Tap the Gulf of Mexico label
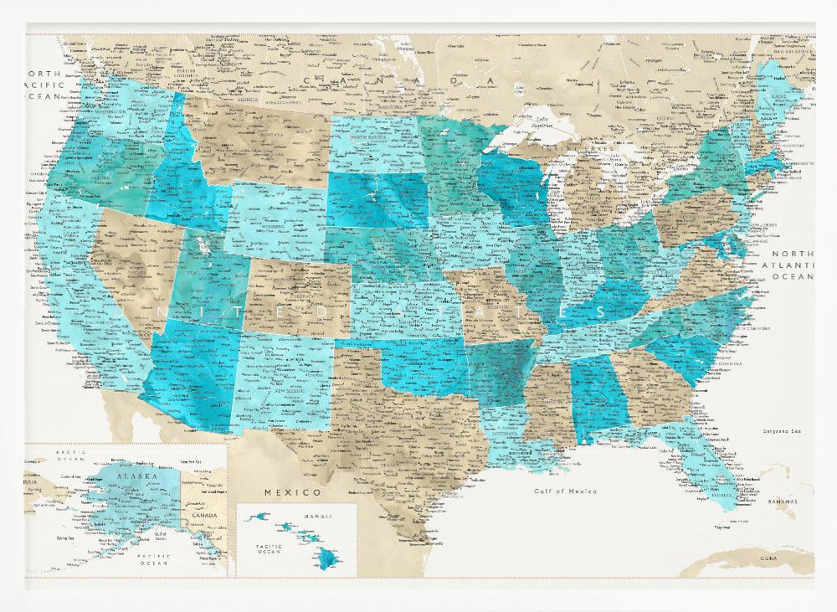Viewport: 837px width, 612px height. (566, 491)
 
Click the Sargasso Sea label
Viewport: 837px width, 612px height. (783, 431)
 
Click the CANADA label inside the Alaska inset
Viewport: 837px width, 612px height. (211, 515)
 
